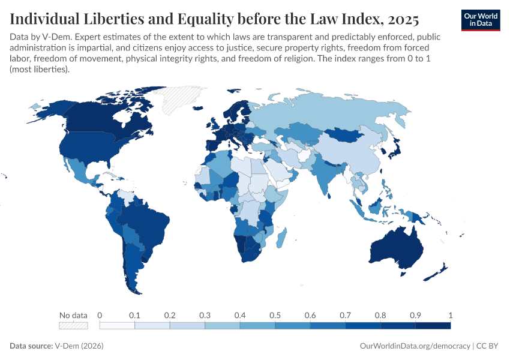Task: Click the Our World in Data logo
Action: click(480, 20)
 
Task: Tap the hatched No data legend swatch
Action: click(73, 325)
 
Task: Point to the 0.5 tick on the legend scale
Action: click(275, 315)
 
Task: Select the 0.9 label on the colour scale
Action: click(415, 315)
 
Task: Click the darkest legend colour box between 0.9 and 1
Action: click(433, 325)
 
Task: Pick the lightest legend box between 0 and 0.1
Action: click(117, 325)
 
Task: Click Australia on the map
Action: click(395, 246)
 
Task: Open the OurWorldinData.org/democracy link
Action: click(415, 346)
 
